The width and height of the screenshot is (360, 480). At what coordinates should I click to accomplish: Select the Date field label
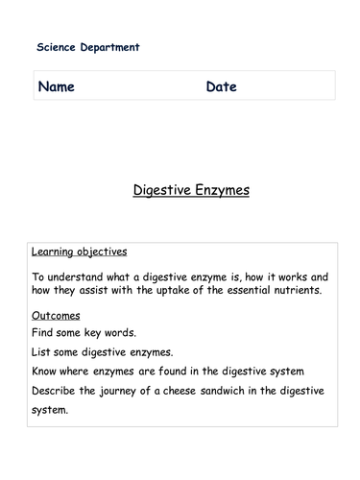[221, 87]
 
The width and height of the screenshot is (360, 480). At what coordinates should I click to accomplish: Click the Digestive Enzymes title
[191, 190]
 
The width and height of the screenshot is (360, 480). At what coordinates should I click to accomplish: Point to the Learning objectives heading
[79, 252]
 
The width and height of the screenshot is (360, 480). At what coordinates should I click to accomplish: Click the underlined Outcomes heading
[56, 315]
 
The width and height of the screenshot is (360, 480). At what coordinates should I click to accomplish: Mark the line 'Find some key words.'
[80, 332]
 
